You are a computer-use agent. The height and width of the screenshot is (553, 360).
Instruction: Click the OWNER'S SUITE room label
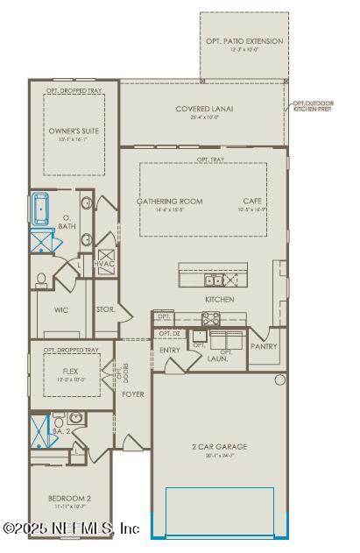74,131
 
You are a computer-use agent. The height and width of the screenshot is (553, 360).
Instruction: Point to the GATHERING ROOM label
169,202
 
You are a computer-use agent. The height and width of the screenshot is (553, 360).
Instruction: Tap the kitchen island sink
213,280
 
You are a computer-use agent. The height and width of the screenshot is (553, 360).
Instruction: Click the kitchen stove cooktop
212,318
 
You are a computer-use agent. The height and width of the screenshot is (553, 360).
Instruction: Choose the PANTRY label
264,346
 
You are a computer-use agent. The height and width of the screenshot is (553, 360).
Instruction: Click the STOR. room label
106,308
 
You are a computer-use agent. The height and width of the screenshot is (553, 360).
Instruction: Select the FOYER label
133,394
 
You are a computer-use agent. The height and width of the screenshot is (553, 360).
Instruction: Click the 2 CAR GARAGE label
220,447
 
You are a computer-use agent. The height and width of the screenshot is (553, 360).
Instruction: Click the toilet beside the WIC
41,279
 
